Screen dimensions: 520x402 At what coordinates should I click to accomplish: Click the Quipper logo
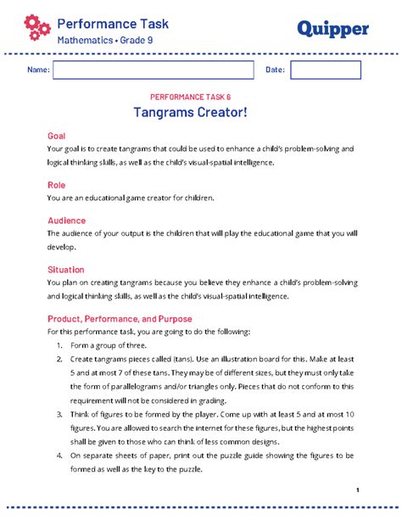[332, 29]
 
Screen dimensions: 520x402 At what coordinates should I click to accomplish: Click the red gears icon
[37, 28]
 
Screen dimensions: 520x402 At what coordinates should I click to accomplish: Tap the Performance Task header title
[113, 24]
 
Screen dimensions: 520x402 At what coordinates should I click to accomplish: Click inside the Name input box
[154, 70]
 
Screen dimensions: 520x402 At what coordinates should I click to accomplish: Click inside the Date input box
[313, 70]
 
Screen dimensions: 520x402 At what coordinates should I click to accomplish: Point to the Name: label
[38, 70]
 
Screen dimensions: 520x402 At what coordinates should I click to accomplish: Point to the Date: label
[275, 70]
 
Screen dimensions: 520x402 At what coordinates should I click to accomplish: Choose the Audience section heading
[66, 220]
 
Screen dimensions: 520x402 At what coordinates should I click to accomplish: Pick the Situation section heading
[65, 269]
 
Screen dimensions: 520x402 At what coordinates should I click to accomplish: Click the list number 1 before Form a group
[59, 346]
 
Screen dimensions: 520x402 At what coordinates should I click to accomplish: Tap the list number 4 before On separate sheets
[59, 456]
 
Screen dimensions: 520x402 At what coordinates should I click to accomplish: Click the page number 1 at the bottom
[359, 490]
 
